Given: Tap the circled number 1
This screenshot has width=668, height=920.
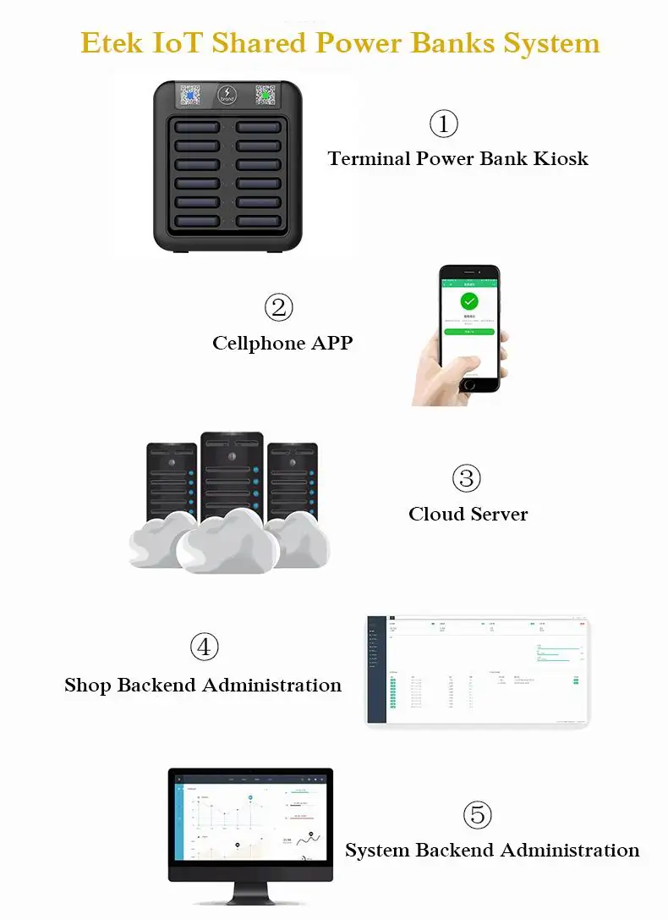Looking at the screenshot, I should [444, 124].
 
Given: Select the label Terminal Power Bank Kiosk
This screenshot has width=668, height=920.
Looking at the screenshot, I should [457, 158].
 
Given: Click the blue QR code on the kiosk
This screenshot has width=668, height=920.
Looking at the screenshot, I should [189, 96].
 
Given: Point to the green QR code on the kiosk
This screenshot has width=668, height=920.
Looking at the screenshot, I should [266, 96].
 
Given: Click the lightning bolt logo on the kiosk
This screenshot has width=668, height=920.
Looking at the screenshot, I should [227, 93].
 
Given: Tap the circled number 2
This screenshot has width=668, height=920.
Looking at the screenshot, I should [278, 307].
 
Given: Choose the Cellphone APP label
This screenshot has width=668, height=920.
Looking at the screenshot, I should [282, 343].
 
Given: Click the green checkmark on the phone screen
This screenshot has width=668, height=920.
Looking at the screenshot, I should [469, 301].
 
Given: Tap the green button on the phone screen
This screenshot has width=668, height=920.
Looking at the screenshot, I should [469, 332].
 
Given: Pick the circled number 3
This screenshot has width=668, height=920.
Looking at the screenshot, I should [466, 478].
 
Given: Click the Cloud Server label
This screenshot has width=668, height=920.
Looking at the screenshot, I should [468, 514].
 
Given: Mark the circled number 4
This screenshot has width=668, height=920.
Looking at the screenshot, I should [204, 647].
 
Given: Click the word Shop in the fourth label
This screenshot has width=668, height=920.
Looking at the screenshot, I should [87, 685].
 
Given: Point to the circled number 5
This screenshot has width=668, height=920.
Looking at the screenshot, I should [478, 815].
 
